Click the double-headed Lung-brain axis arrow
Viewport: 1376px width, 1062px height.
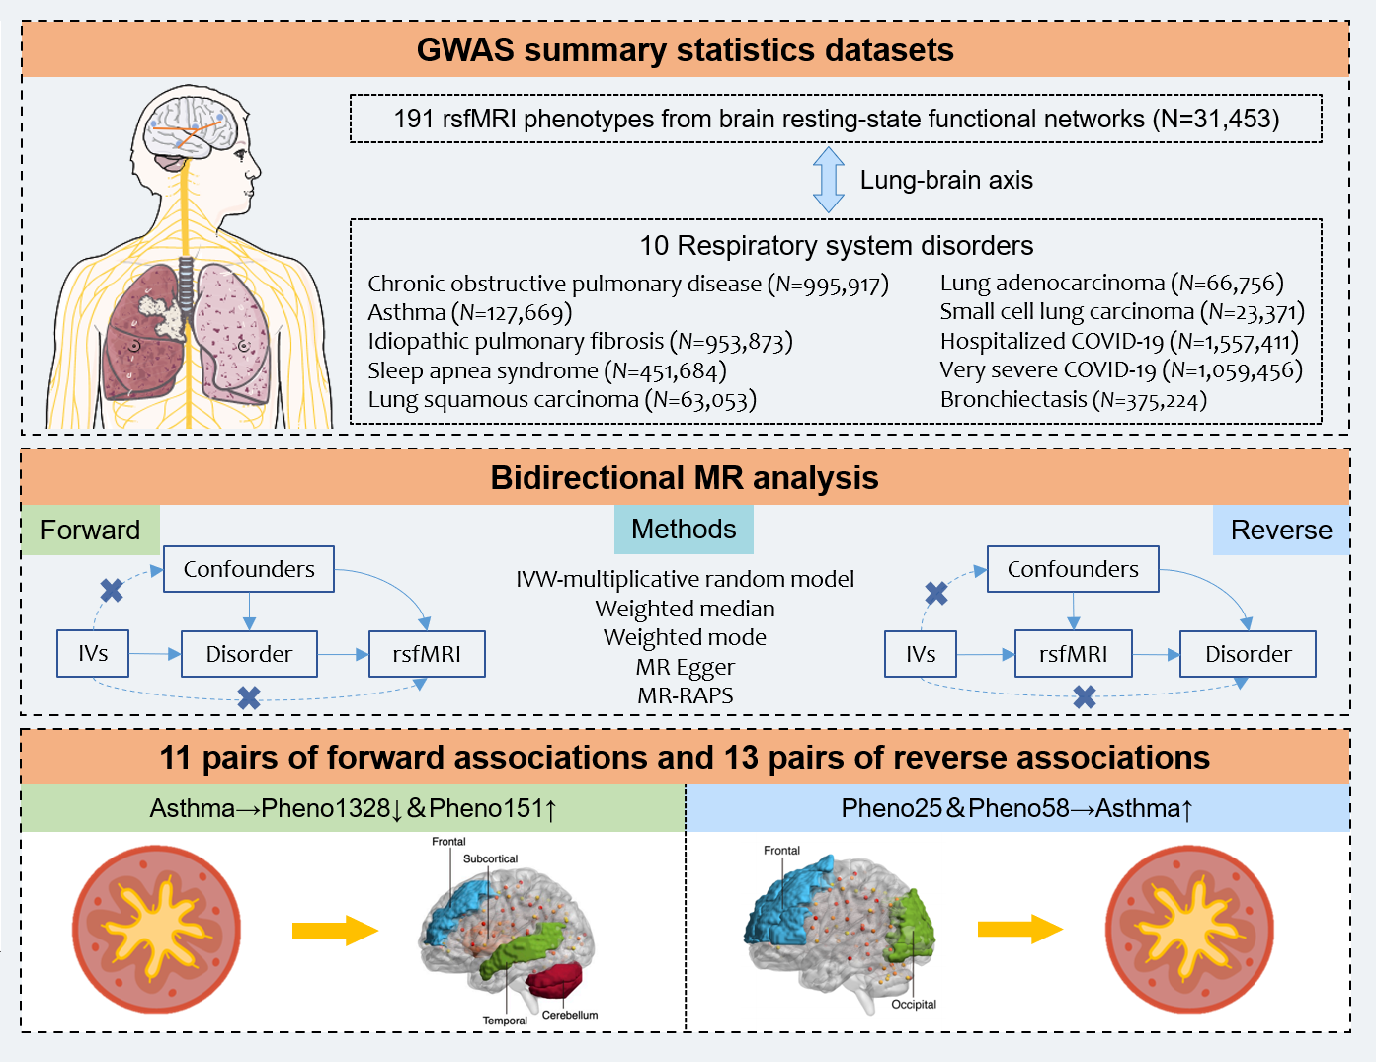pyautogui.click(x=828, y=180)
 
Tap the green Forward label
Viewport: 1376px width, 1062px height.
pyautogui.click(x=90, y=530)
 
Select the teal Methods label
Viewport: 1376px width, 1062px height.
pyautogui.click(x=684, y=530)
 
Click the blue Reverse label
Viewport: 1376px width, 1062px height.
pyautogui.click(x=1280, y=530)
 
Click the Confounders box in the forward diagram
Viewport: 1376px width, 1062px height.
pyautogui.click(x=249, y=569)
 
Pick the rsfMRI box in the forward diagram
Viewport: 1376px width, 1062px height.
pyautogui.click(x=427, y=654)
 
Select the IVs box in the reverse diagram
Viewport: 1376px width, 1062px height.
pyautogui.click(x=921, y=654)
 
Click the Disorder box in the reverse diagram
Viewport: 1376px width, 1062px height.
pyautogui.click(x=1248, y=654)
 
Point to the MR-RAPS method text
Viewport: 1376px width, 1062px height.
pyautogui.click(x=685, y=695)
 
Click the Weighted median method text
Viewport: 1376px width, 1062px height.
pyautogui.click(x=685, y=609)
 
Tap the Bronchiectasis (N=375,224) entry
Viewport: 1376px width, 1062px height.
pyautogui.click(x=1073, y=399)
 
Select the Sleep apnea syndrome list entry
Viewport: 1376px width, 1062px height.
pyautogui.click(x=546, y=370)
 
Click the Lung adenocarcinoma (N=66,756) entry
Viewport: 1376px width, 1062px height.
pyautogui.click(x=1111, y=284)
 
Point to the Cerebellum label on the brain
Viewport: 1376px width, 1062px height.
pyautogui.click(x=570, y=1015)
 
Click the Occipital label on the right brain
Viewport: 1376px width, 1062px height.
pyautogui.click(x=914, y=1005)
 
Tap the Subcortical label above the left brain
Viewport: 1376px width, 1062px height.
pyautogui.click(x=490, y=858)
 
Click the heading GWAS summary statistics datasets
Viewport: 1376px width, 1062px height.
pyautogui.click(x=685, y=49)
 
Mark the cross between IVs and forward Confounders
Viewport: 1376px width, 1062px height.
pyautogui.click(x=112, y=591)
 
